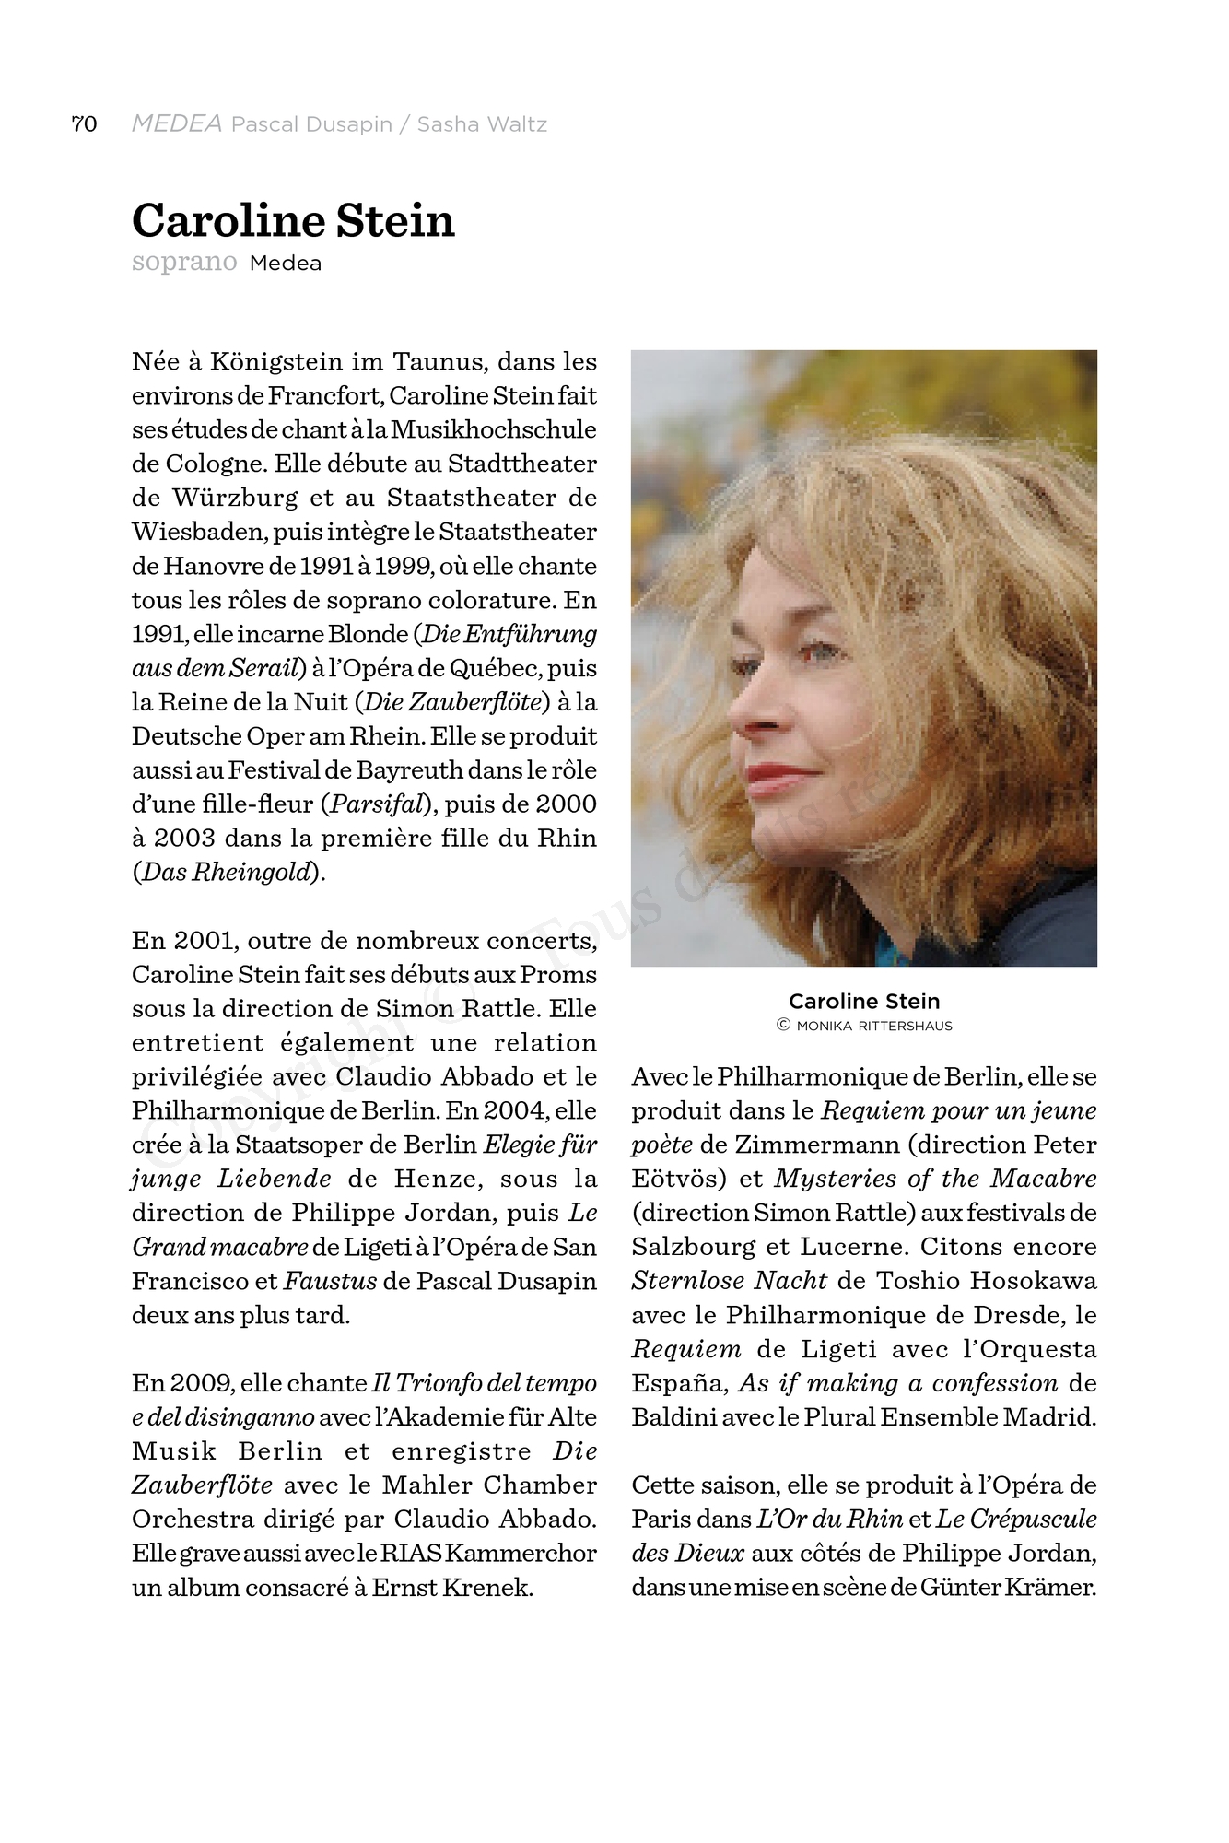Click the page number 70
coord(84,124)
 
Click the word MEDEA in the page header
coord(177,124)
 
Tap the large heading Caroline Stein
coord(293,221)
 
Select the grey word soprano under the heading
coord(184,263)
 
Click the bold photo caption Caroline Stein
coord(863,1002)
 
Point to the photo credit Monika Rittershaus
coord(873,1026)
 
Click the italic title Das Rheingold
coord(228,873)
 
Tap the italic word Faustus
coord(330,1282)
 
